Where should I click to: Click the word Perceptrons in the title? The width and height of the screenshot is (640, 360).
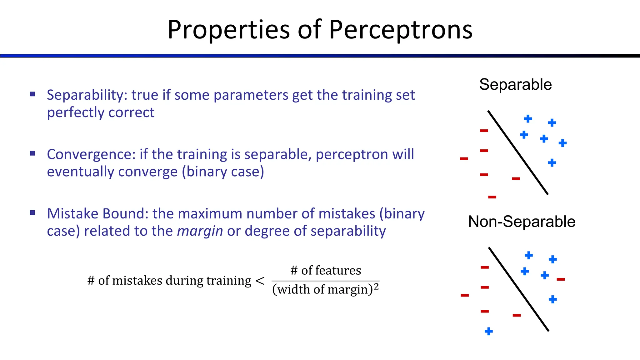(401, 30)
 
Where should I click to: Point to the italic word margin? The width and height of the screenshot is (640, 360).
(200, 231)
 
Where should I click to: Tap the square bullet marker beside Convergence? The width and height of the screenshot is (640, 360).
(32, 153)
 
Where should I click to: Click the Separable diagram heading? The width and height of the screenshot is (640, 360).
(515, 85)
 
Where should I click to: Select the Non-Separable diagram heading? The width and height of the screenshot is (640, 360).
(522, 222)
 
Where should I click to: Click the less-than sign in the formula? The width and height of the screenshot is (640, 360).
(260, 281)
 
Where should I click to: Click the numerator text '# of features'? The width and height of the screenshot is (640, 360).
(326, 270)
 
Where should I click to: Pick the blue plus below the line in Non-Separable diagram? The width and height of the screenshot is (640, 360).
(489, 332)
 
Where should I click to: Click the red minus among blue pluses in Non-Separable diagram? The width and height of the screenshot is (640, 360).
(561, 279)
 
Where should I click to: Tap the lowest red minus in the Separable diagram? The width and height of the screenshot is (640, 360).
(492, 197)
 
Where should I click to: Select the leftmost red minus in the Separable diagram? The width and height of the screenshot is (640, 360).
(464, 159)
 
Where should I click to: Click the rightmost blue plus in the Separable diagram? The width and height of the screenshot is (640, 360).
(562, 143)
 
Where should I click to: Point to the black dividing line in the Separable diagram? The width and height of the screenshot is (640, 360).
(518, 152)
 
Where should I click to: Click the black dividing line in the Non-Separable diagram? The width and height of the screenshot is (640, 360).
(519, 289)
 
